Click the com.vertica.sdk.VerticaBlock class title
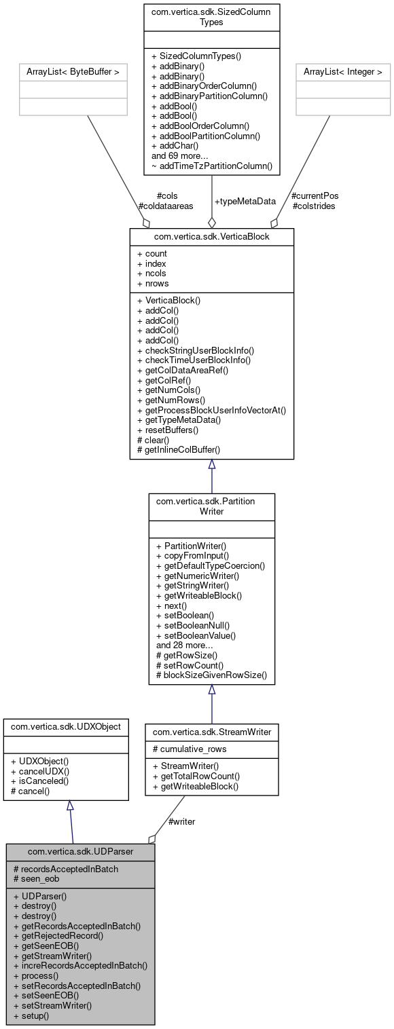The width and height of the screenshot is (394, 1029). coord(212,237)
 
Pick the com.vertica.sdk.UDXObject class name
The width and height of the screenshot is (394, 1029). coord(67,726)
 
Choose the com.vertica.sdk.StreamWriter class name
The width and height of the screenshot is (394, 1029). coord(211,732)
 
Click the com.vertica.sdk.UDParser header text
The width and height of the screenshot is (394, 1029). coord(80,851)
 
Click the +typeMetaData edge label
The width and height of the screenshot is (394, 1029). coord(245,201)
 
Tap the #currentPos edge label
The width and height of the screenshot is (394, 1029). coord(315,195)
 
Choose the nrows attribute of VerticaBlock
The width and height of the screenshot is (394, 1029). coord(153,283)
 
